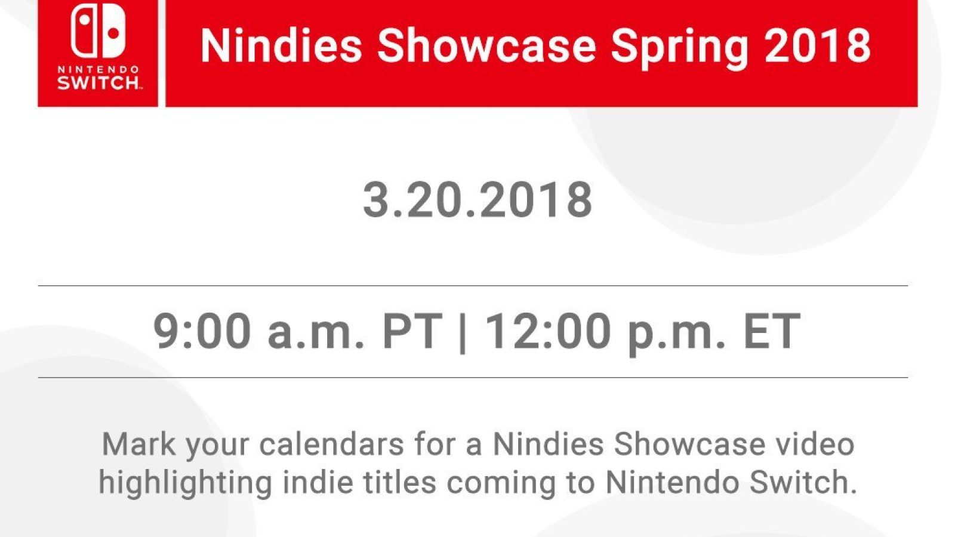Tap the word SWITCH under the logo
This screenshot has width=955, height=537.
[98, 83]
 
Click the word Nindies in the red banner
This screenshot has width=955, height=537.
[281, 45]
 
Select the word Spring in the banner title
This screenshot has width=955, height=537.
[680, 48]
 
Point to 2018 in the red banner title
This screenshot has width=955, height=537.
[818, 45]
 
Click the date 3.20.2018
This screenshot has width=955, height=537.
[478, 199]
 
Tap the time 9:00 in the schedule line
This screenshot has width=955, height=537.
[202, 331]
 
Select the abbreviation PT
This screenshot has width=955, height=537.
[412, 331]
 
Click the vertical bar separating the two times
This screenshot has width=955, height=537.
[463, 332]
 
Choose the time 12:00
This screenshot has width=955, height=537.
[548, 331]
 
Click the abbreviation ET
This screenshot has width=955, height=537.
[771, 331]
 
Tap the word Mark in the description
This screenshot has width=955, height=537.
[139, 444]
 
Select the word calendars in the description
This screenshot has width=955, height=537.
[331, 444]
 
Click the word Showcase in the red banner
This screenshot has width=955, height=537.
[486, 45]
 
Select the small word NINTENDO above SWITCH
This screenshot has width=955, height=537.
[98, 69]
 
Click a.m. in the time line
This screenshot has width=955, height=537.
[316, 335]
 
